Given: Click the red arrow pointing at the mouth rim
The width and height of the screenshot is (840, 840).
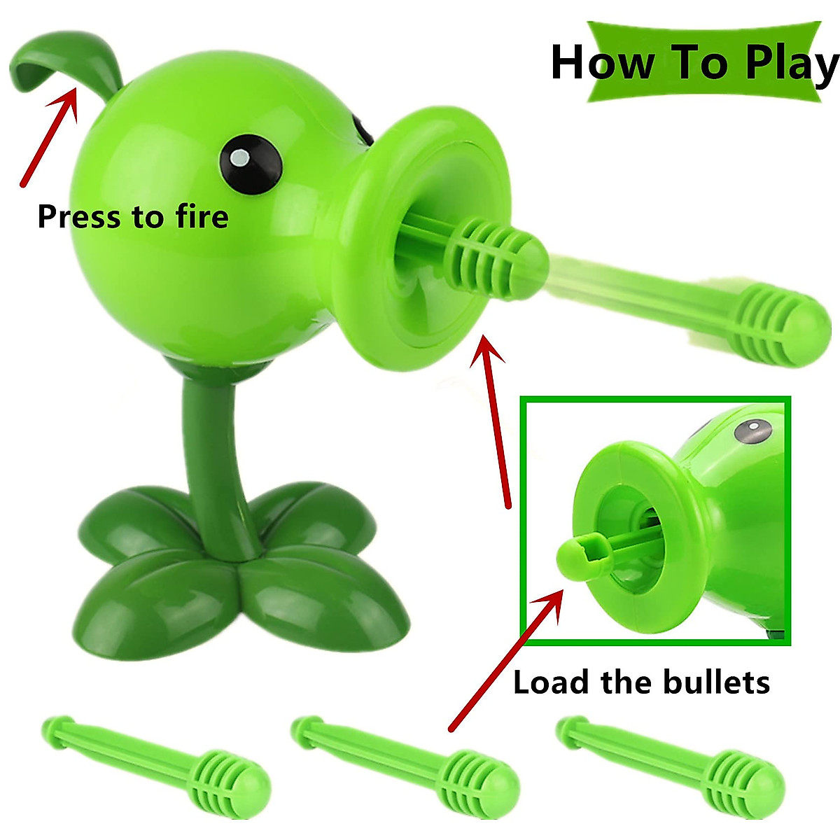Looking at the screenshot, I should click(493, 420).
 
